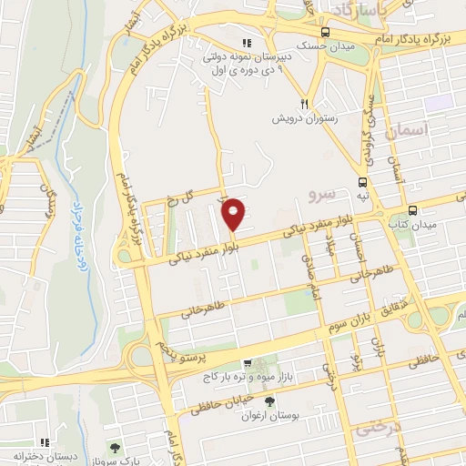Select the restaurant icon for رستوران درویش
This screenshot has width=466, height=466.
click(x=307, y=104)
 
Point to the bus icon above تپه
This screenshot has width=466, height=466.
click(x=363, y=181)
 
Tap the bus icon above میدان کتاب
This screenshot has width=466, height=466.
click(x=412, y=208)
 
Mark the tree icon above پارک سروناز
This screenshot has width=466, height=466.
click(x=115, y=448)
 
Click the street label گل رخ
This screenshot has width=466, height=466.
click(x=181, y=198)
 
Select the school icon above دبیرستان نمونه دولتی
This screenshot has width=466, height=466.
click(x=245, y=43)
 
